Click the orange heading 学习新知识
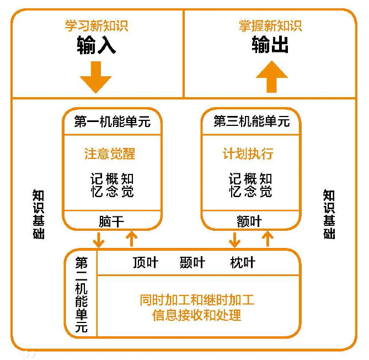click(x=97, y=26)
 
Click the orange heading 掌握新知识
click(x=270, y=26)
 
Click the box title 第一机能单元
click(x=112, y=122)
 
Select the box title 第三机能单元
click(x=251, y=122)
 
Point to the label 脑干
click(x=111, y=221)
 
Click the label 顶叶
click(x=146, y=262)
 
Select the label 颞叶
click(x=192, y=262)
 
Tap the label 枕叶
click(x=243, y=262)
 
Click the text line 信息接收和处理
click(x=197, y=316)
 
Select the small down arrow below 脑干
click(x=99, y=240)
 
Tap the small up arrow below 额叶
click(x=268, y=239)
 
